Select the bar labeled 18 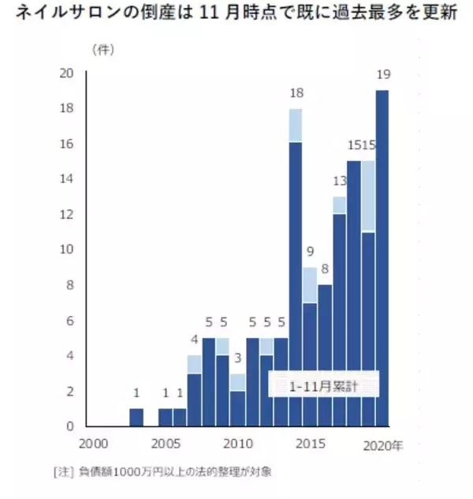click(296, 268)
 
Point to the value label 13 click(339, 182)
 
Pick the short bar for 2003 click(136, 417)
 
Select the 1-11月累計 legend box click(323, 387)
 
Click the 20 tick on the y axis click(68, 73)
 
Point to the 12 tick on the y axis click(68, 215)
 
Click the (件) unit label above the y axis click(103, 50)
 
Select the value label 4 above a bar click(194, 340)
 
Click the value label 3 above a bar click(237, 358)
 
